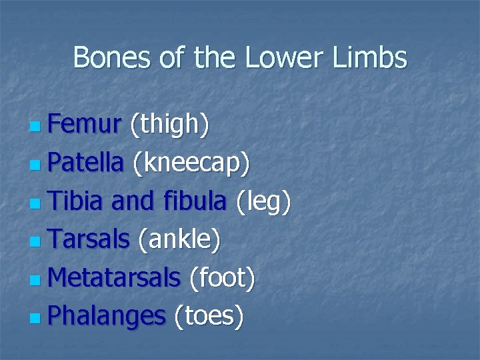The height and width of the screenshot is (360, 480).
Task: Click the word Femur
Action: coord(84,123)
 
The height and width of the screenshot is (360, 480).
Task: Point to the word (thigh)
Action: coord(169,125)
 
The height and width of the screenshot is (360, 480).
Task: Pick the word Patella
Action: coord(86,163)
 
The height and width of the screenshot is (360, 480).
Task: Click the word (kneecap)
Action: coord(191,164)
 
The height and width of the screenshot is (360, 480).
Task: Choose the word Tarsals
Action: coord(88,239)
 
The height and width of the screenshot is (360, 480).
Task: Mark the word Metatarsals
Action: coord(114,278)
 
